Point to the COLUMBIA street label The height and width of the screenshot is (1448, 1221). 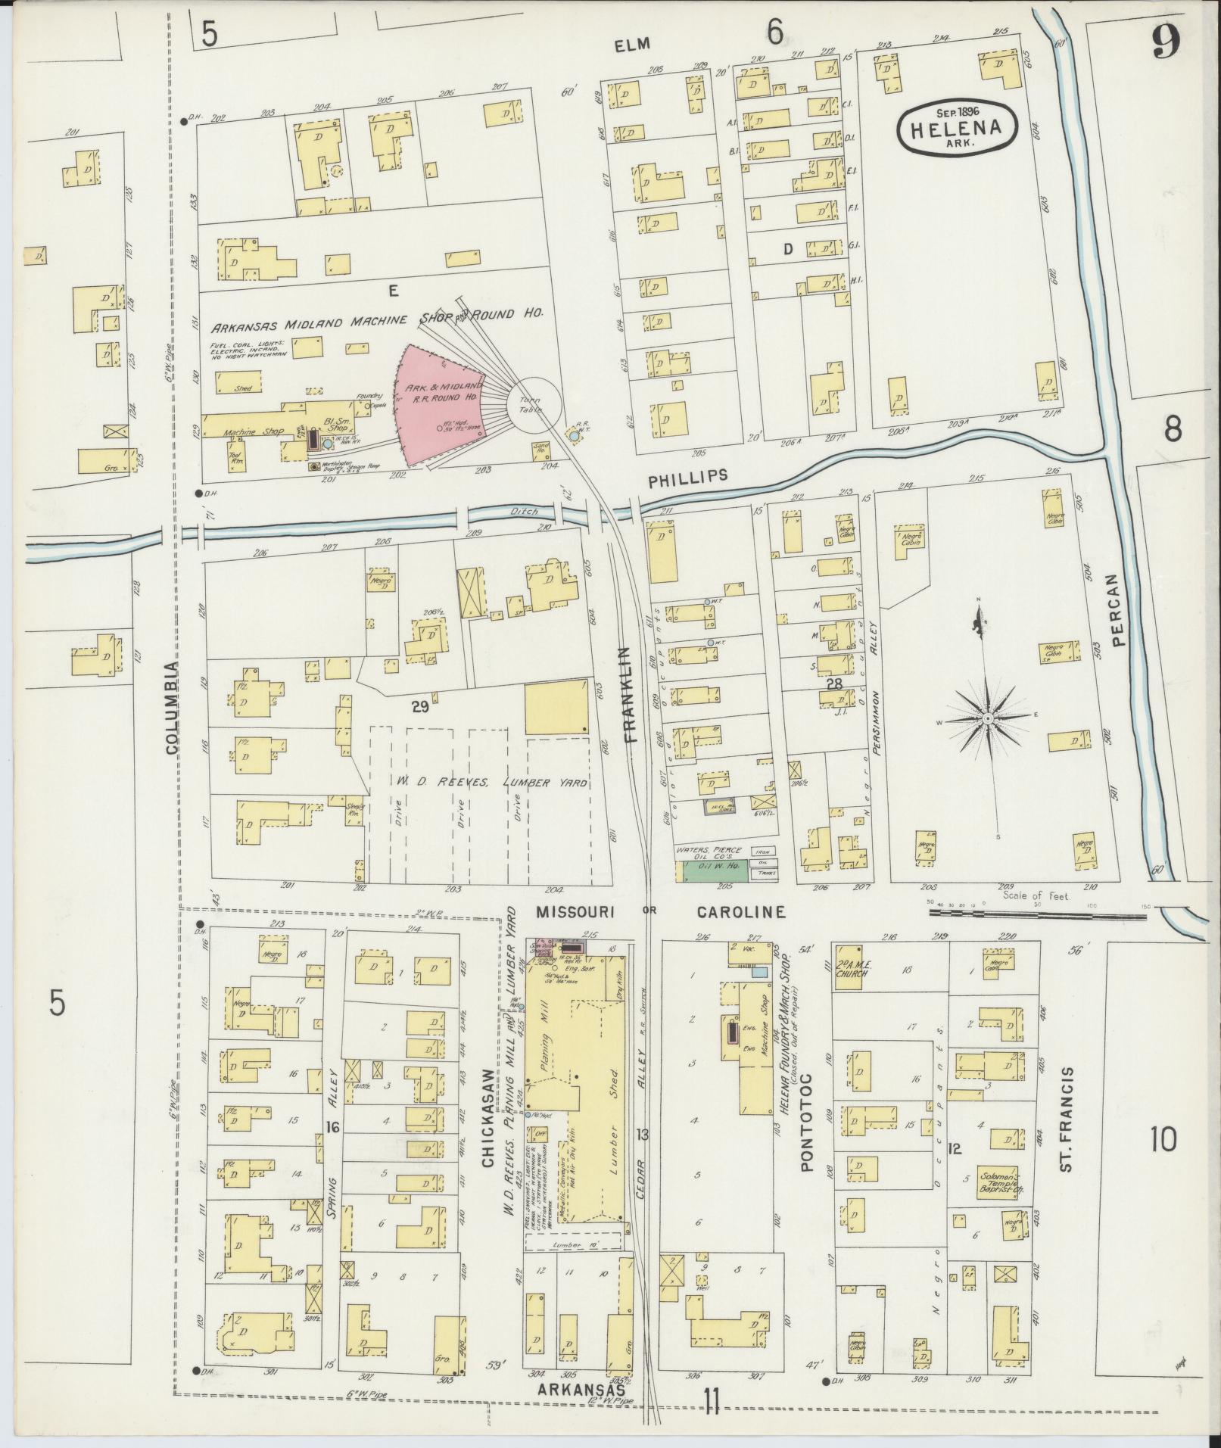172,707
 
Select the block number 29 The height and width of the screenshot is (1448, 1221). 420,706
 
